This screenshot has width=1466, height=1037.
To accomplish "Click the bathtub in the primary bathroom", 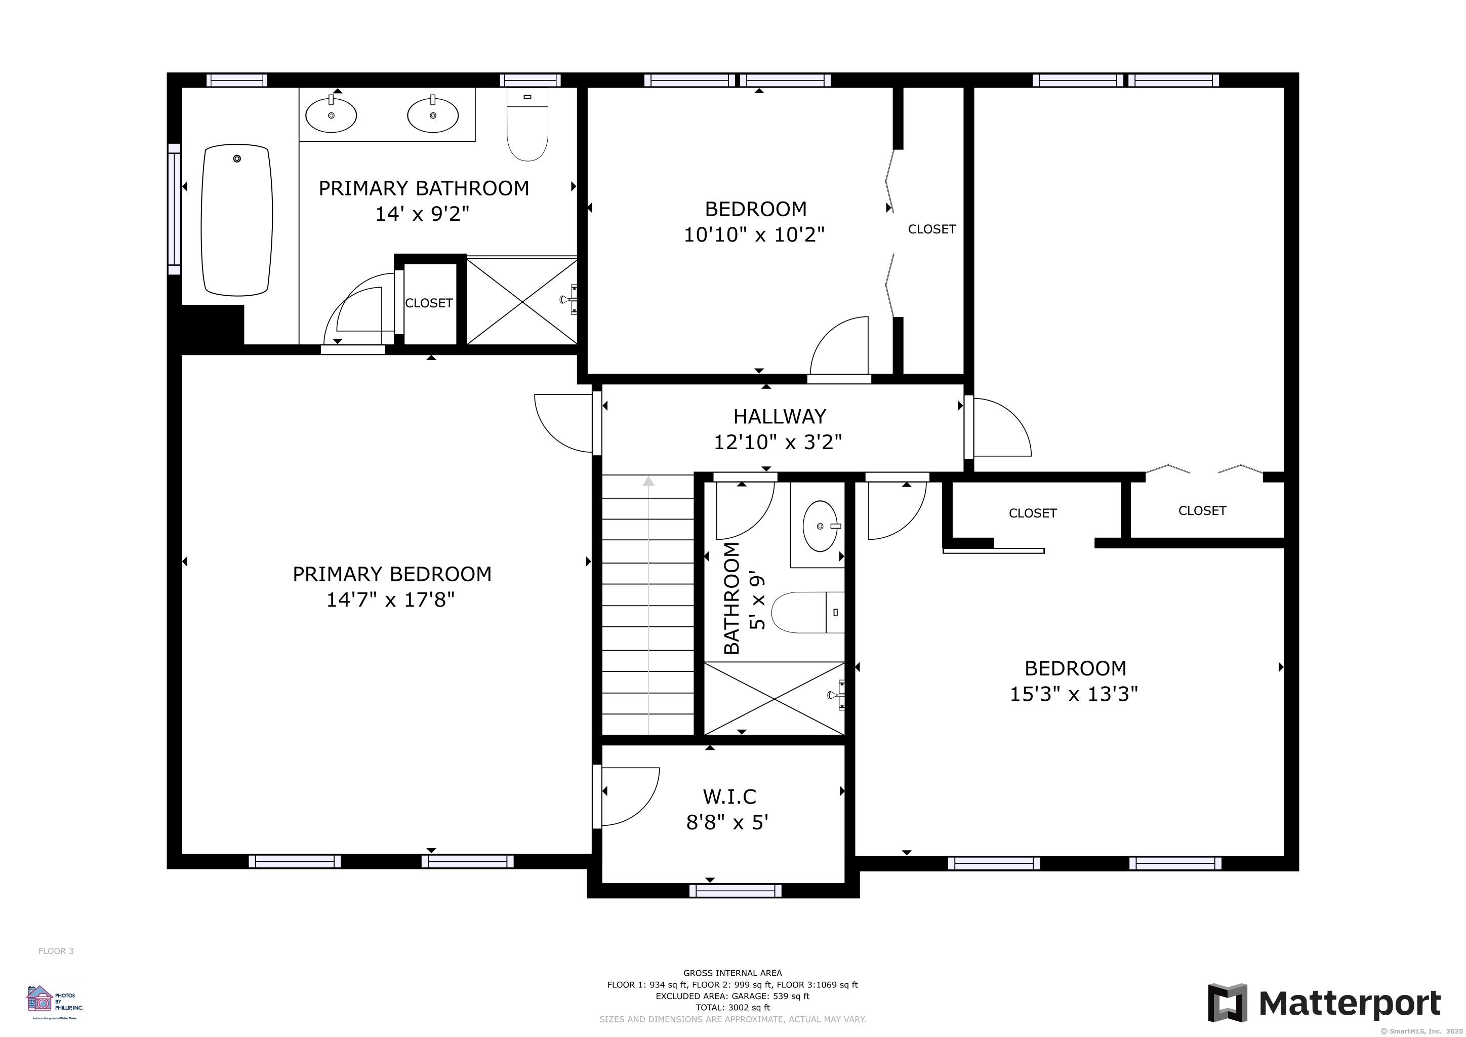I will point(237,220).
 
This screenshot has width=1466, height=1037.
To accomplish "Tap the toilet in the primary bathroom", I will point(527,125).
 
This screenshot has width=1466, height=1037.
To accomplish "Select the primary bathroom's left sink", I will point(331,115).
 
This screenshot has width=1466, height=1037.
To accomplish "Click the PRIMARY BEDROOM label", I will point(392,574).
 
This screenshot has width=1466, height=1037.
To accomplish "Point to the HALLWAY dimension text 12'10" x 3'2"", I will point(778,442).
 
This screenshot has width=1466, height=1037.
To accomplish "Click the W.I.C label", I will point(729,796).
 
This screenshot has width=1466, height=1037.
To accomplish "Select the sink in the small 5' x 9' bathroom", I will point(821,526).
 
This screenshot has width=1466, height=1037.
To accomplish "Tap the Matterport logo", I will point(1324,1003).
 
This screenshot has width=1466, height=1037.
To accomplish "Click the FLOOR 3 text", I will point(56,951).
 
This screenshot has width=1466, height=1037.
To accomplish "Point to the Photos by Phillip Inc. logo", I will point(54,1001).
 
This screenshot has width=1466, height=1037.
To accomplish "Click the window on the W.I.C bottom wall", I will point(736,890).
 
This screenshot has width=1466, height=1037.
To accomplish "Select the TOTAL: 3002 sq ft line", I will point(732,1008).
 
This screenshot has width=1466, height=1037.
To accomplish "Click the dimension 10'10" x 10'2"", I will point(754,235).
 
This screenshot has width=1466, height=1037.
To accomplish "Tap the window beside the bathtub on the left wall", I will point(174,209).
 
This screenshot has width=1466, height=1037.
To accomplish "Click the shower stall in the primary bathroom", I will point(522,301).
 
